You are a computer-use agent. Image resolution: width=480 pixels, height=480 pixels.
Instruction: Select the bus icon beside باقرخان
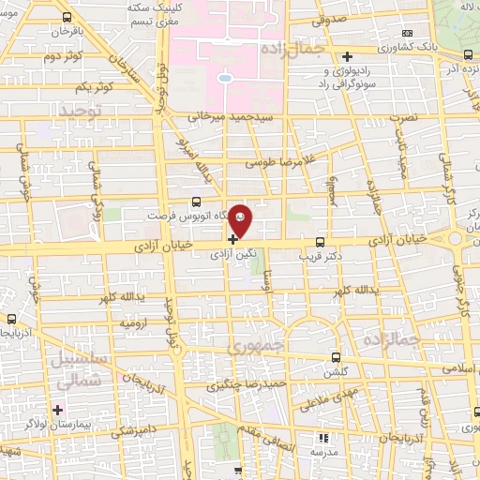coord(67,17)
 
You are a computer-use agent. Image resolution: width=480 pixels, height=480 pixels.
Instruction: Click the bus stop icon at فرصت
coord(195,201)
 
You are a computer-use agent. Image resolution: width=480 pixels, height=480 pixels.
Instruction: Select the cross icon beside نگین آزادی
coord(232,239)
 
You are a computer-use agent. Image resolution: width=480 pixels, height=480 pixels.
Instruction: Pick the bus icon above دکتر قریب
coord(321,241)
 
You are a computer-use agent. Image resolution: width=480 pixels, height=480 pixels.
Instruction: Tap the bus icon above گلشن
coord(337,358)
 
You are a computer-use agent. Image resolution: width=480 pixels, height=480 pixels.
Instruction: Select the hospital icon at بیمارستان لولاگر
coord(57,410)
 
